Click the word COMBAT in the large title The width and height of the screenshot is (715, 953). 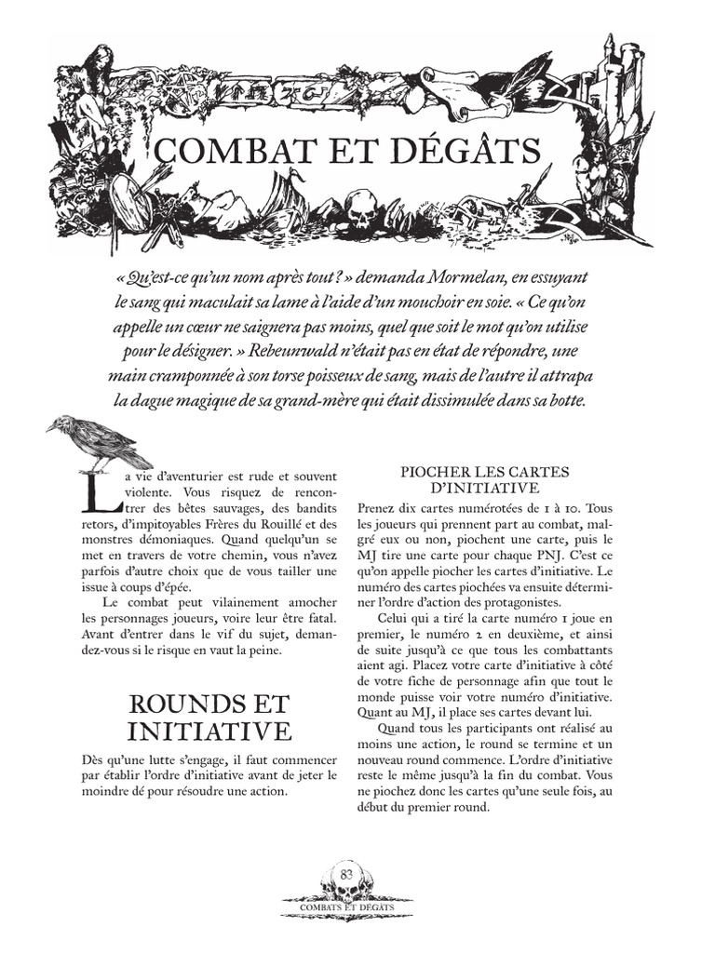[x=232, y=151]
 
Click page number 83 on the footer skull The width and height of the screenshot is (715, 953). [x=346, y=873]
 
